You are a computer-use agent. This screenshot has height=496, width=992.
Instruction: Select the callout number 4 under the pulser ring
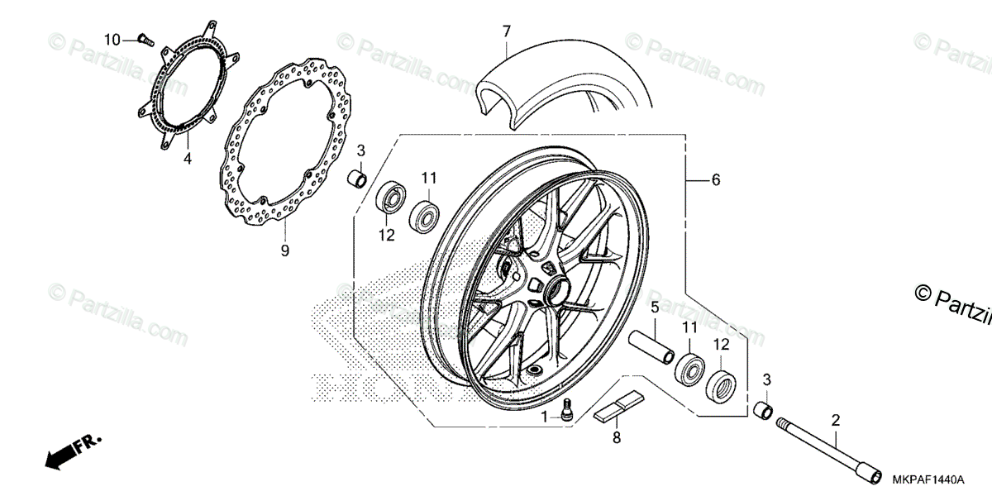point(188,158)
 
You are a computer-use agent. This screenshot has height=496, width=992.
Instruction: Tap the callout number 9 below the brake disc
point(284,250)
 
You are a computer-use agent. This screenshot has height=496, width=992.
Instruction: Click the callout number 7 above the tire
point(507,31)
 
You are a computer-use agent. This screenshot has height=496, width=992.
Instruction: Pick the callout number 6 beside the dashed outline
point(716,179)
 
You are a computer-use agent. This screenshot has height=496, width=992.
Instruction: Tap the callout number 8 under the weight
point(616,438)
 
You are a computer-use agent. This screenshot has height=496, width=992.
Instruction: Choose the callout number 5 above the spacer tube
point(653,308)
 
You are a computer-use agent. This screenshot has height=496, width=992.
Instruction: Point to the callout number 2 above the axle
point(836,420)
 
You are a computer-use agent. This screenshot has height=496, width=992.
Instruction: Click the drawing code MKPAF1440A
point(928,479)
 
